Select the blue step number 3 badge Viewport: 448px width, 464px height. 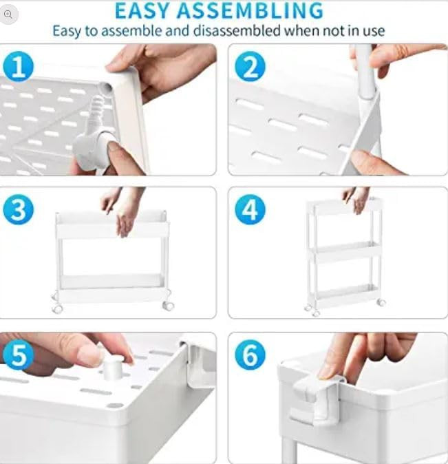point(19,210)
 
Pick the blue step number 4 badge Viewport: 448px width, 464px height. point(250,210)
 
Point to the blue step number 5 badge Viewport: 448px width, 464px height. point(19,355)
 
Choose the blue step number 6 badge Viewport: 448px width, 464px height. point(250,355)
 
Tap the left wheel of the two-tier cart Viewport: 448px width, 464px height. point(57,308)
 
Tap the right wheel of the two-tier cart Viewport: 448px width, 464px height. point(167,305)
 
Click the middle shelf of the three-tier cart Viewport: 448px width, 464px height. point(345,250)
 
